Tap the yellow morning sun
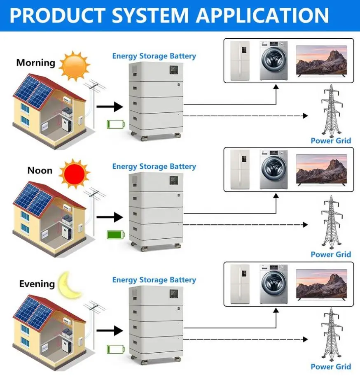click(74, 65)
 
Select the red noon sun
click(74, 173)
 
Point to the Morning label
click(35, 63)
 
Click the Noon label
click(40, 170)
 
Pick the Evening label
click(37, 284)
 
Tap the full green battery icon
click(116, 235)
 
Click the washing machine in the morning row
click(273, 60)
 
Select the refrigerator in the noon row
click(240, 170)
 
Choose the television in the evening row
click(321, 284)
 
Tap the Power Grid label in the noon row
click(331, 254)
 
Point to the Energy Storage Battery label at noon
click(154, 167)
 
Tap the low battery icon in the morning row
click(115, 123)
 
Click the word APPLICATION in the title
click(262, 15)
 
